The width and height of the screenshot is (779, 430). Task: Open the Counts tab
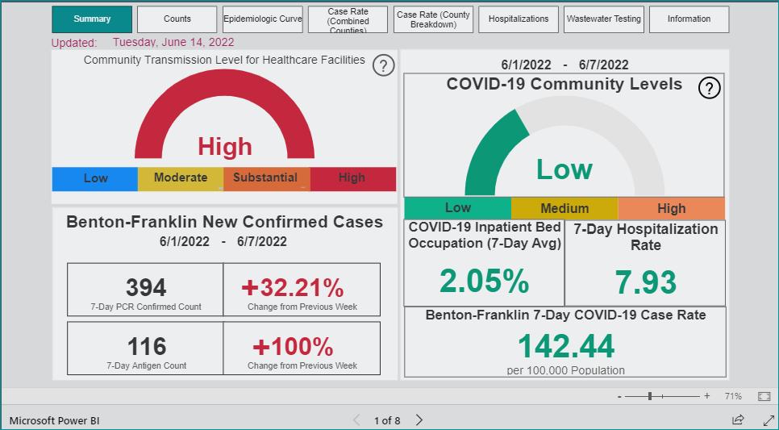[x=177, y=19]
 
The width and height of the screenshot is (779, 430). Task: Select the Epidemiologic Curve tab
[x=262, y=19]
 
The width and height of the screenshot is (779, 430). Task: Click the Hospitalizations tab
[x=519, y=19]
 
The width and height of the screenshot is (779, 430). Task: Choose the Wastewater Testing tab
[x=604, y=19]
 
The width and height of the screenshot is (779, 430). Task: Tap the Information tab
[x=689, y=19]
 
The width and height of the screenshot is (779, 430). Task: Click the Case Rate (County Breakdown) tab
[x=433, y=19]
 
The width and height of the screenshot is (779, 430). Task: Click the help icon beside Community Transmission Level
[x=383, y=65]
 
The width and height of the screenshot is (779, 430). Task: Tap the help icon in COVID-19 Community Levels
[x=709, y=89]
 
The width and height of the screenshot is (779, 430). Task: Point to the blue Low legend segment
[x=95, y=179]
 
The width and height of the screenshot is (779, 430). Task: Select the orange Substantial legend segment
[x=267, y=179]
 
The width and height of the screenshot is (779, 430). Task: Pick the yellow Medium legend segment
[x=564, y=208]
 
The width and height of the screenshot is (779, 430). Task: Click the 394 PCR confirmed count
[x=146, y=287]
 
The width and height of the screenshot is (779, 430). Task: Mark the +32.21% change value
[x=293, y=287]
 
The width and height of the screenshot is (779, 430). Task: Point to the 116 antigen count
[x=147, y=346]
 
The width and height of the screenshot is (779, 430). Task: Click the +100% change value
[x=293, y=346]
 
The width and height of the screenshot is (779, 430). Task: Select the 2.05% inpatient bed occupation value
[x=484, y=282]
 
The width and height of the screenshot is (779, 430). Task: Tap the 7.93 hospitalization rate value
[x=645, y=282]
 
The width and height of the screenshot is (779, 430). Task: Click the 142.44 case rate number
[x=566, y=346]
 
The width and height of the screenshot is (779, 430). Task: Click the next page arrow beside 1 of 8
[x=419, y=420]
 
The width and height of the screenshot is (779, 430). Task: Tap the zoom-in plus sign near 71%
[x=707, y=396]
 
